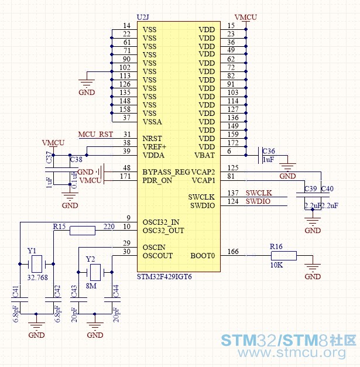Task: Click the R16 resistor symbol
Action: pos(284,256)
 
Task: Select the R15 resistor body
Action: pos(83,231)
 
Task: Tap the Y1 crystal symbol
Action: pos(37,264)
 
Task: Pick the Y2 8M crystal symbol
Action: pos(95,272)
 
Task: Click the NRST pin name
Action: pos(152,139)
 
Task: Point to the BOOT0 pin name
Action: pos(203,256)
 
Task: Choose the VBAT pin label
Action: pos(204,155)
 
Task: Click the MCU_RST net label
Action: pos(95,135)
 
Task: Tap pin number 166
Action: pos(233,251)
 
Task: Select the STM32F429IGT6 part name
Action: pos(164,277)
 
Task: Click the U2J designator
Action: pos(143,17)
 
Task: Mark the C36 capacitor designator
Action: pos(269,151)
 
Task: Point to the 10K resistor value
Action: pos(276,265)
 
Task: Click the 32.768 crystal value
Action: pos(37,277)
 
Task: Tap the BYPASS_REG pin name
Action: pos(166,172)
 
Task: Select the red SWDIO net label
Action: pos(258,201)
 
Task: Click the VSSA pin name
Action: pos(152,122)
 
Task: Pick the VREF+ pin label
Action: pos(155,147)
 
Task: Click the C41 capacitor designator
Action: pos(15,291)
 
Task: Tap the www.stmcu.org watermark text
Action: pos(292,353)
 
